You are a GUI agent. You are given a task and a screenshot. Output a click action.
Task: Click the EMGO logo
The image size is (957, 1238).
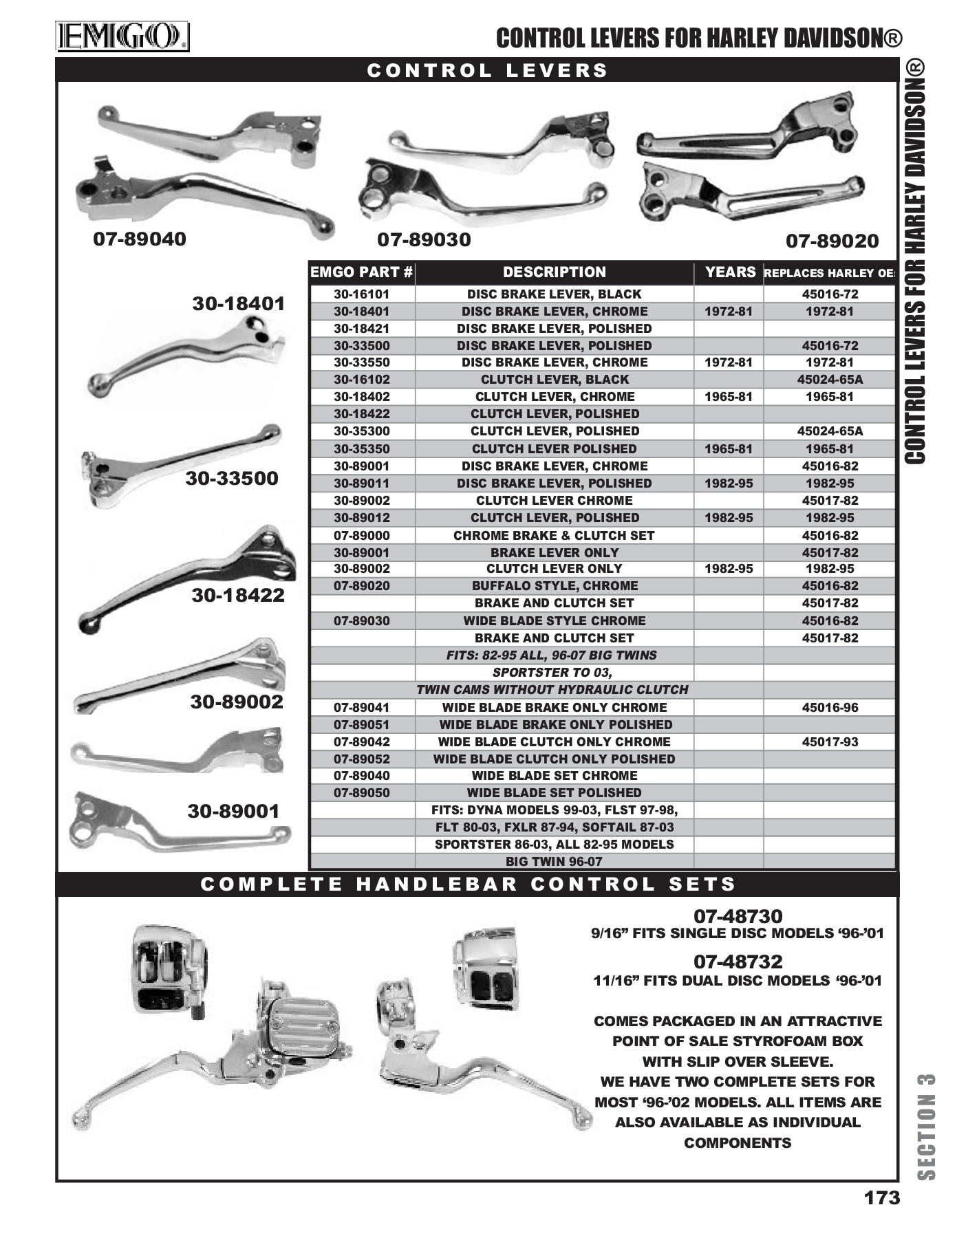tap(122, 37)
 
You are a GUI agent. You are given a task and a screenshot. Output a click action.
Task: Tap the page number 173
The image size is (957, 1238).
tap(881, 1197)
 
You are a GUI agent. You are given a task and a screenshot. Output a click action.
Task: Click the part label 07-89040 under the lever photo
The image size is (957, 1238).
tap(140, 239)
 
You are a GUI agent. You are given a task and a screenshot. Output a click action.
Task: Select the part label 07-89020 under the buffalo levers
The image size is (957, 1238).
tap(832, 241)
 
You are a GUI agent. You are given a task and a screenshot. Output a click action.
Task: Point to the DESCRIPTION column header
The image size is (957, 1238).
tap(554, 272)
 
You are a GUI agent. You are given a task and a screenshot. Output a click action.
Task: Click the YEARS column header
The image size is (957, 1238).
tap(730, 272)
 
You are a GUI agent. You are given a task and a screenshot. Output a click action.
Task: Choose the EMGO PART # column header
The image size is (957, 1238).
tap(361, 272)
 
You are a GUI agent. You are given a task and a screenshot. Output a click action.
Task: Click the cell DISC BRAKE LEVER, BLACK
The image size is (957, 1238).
tap(554, 294)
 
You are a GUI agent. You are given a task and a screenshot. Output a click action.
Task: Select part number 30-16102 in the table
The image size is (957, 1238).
tap(361, 380)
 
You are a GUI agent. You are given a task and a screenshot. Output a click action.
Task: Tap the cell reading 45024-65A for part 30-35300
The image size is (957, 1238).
tap(830, 431)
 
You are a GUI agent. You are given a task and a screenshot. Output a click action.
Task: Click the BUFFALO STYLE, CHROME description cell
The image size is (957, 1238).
tap(554, 586)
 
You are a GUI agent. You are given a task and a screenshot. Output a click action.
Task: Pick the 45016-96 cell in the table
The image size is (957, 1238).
tap(830, 707)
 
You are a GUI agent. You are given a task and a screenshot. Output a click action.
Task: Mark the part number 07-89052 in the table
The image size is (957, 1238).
tap(361, 759)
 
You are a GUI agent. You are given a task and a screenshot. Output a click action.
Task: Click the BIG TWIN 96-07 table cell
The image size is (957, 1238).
tap(554, 861)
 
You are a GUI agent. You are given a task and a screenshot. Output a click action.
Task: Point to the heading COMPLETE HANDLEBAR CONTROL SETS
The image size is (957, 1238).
tap(468, 884)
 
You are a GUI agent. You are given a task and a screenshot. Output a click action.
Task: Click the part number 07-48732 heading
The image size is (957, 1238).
tap(738, 962)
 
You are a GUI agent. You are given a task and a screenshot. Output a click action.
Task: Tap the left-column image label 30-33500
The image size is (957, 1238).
tap(232, 479)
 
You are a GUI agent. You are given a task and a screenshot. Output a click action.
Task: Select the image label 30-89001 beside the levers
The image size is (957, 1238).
tap(233, 812)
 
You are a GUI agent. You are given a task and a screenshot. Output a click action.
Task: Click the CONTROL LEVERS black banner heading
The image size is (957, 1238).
tap(487, 71)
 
